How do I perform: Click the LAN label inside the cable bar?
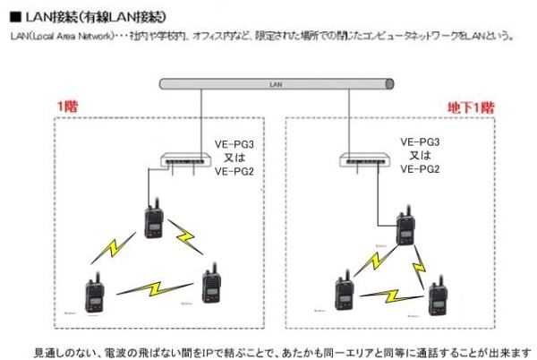click(276, 84)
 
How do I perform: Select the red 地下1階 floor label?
click(470, 107)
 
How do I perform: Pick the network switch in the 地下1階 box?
click(366, 161)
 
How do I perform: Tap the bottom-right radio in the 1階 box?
click(212, 284)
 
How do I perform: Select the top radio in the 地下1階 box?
click(405, 228)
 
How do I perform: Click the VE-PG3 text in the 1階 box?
click(235, 143)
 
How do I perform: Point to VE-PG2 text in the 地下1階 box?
click(419, 168)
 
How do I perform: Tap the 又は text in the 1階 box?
click(235, 157)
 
